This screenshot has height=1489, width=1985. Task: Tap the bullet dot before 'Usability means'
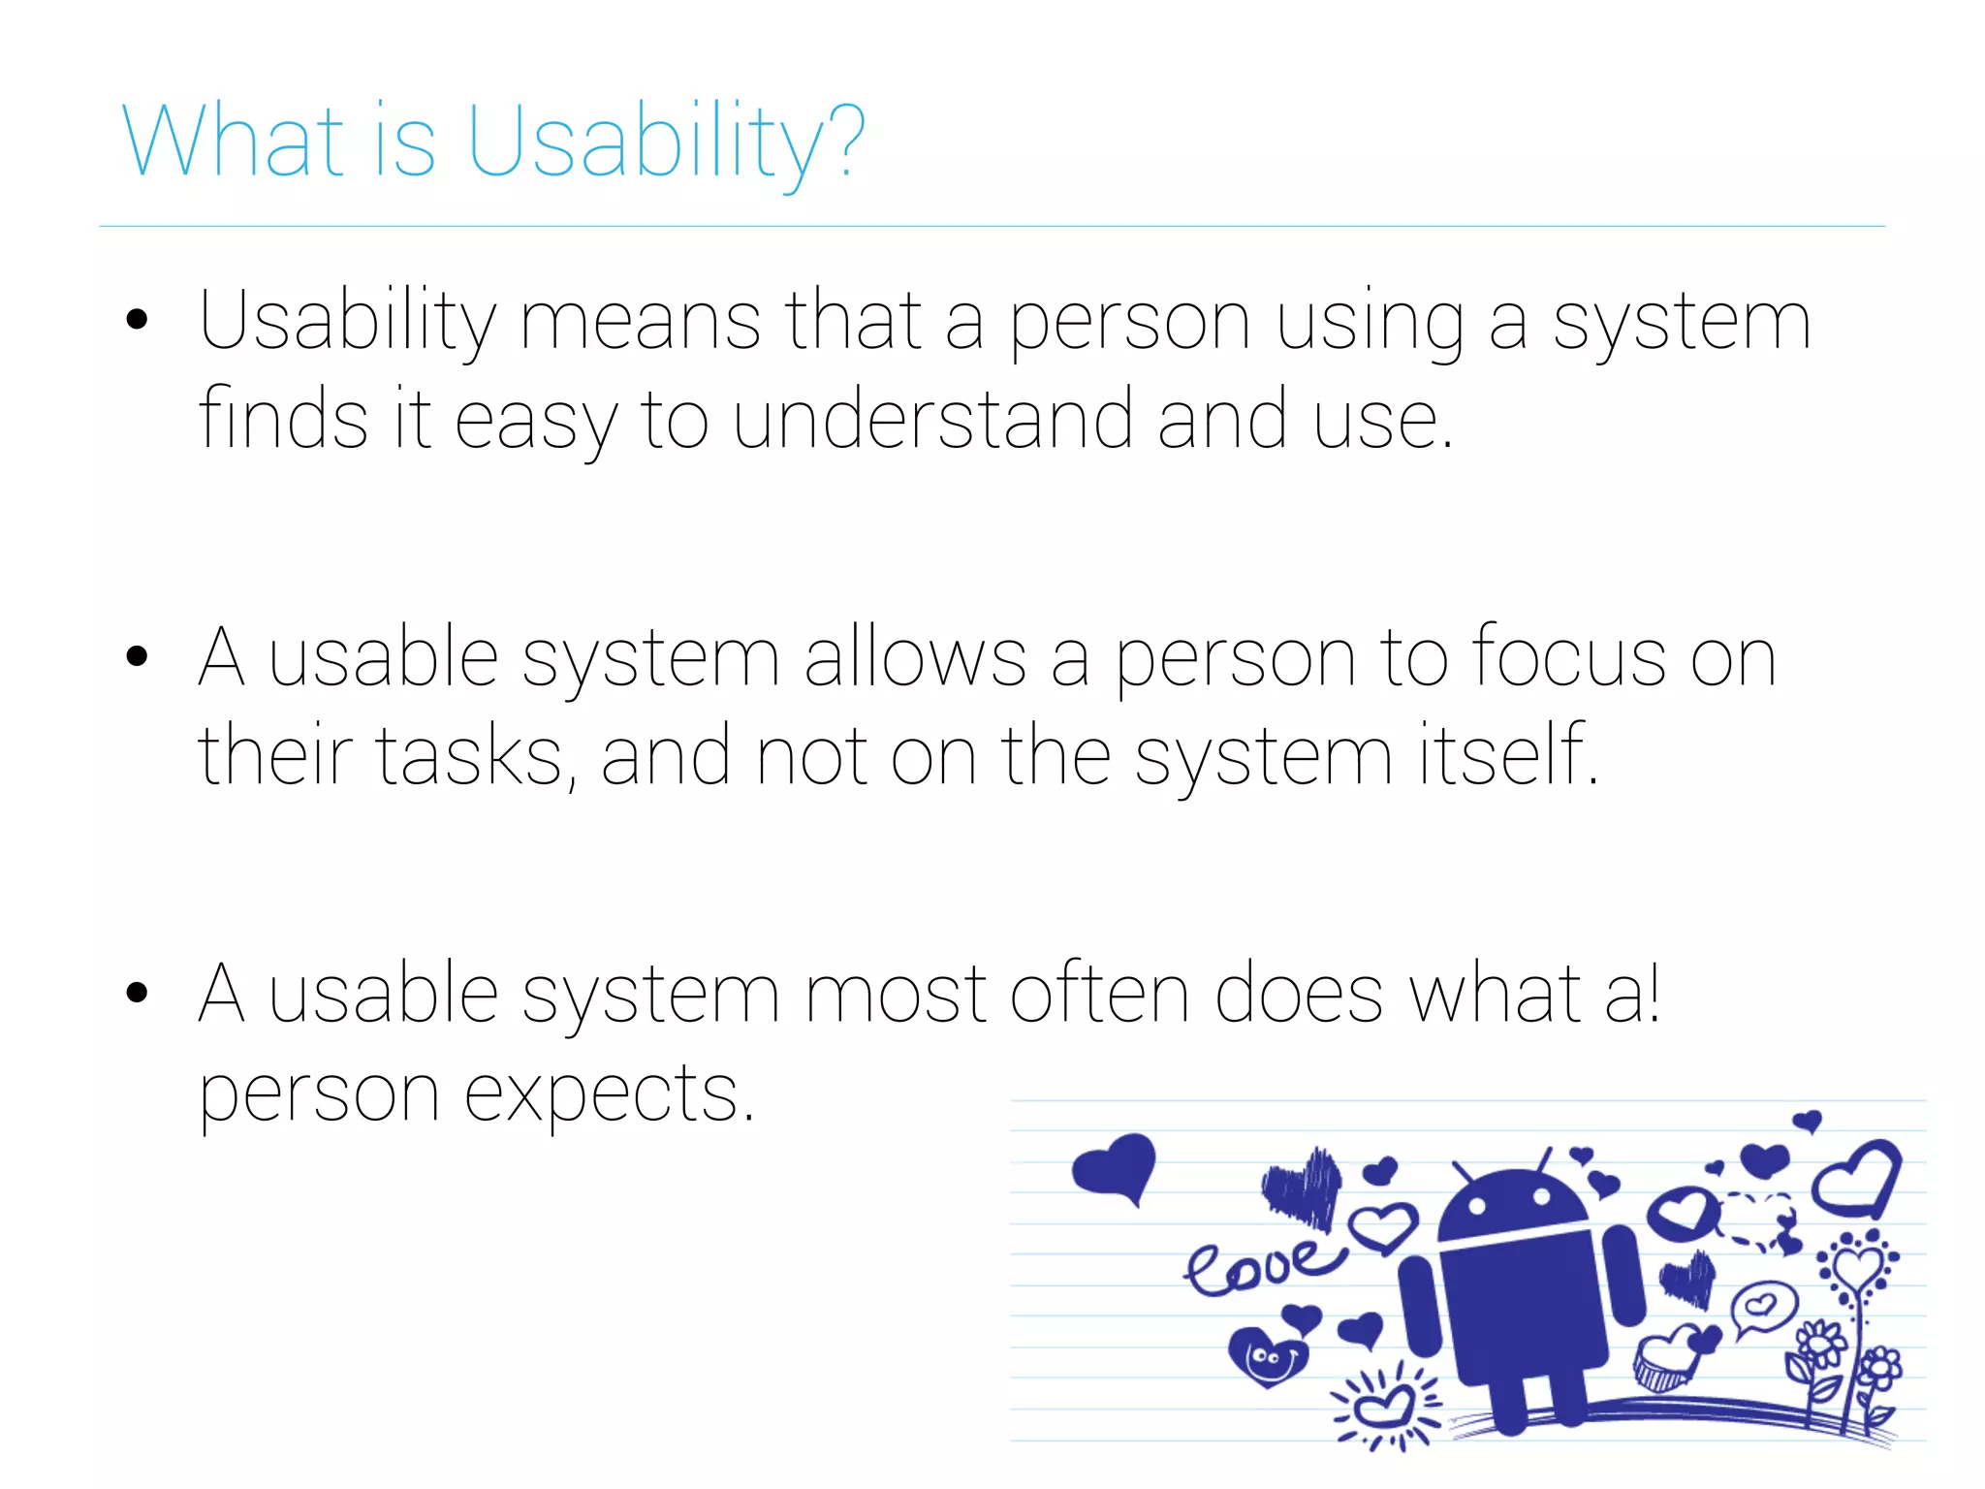[x=137, y=320]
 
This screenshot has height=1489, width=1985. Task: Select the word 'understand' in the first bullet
[x=931, y=420]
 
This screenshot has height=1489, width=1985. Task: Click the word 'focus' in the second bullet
[x=1569, y=657]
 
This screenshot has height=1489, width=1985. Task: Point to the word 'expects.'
[x=608, y=1093]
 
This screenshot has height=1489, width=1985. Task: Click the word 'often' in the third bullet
[x=1099, y=994]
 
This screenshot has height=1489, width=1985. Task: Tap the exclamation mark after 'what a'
[x=1654, y=994]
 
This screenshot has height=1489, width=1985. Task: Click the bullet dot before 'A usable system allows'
[x=137, y=656]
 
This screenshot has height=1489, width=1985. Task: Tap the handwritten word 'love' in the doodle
[x=1260, y=1265]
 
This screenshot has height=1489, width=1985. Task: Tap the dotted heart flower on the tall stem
[x=1856, y=1265]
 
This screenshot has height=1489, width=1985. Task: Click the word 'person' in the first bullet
[x=1129, y=322]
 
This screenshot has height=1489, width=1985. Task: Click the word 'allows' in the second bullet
[x=914, y=657]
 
